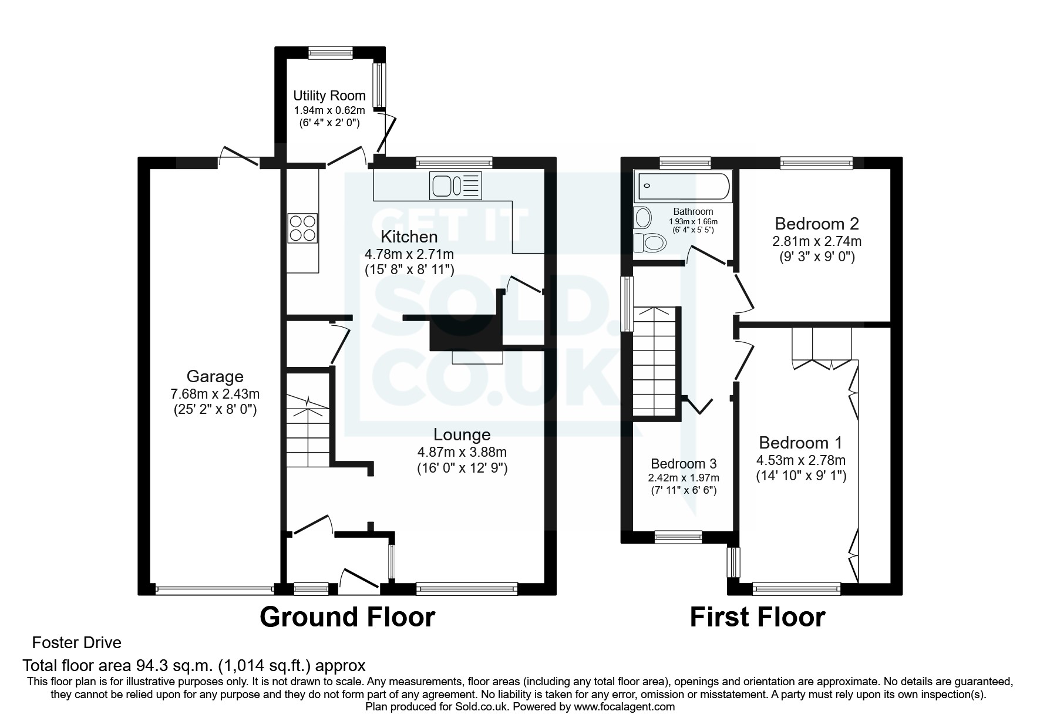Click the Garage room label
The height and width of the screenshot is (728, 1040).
pos(215,376)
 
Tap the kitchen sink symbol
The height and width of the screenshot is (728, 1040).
pos(456,186)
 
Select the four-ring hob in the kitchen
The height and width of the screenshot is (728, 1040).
pos(302,228)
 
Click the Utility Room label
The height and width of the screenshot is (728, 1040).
pos(329,96)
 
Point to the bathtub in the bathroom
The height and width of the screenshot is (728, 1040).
pos(682,186)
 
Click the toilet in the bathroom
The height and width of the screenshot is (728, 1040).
pos(647,241)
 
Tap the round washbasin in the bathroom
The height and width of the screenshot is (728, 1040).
pos(643,218)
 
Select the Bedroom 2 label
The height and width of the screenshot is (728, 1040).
pos(816,224)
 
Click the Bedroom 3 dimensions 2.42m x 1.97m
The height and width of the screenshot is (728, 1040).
pos(683,478)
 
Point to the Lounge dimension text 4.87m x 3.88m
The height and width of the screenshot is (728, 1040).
pos(462,452)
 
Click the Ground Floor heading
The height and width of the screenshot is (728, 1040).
pos(347,617)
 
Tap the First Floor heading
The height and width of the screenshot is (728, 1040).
pos(757,617)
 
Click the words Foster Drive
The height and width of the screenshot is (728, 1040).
pos(76,643)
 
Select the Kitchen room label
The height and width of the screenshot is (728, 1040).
pos(409,237)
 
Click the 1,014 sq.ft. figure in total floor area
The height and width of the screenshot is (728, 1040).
pos(265,665)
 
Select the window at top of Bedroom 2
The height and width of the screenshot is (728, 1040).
pos(816,163)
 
